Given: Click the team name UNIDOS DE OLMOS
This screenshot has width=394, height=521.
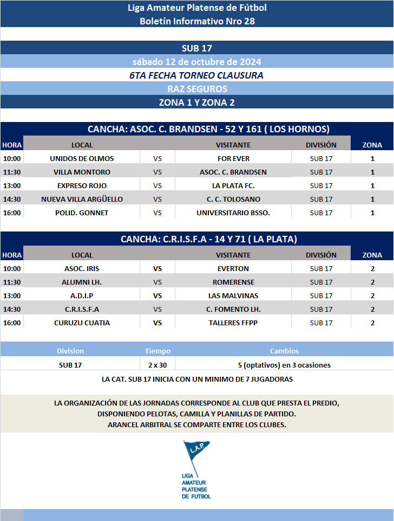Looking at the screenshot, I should pos(82,158).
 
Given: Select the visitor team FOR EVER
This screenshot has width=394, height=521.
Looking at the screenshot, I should pos(233,158).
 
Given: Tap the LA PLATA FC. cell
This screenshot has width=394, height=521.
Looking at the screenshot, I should pos(233,185).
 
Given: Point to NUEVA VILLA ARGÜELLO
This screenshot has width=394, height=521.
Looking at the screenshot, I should pos(82,199).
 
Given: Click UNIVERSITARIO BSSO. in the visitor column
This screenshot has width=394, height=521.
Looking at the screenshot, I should pos(233,213).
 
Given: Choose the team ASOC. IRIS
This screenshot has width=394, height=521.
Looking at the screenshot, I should pos(82,268).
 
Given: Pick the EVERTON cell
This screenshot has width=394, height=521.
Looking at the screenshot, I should pos(233,268).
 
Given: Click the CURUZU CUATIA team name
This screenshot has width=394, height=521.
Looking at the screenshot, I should pos(82,323).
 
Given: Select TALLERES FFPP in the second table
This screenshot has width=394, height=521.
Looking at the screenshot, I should pos(233,323).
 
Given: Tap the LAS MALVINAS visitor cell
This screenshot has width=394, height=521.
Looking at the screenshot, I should pos(233,295).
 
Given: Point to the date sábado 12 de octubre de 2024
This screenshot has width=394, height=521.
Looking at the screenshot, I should pos(197,62).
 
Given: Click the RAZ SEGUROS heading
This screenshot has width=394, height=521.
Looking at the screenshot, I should pos(197,88).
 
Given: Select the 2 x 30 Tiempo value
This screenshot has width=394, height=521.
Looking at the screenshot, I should pos(157,365).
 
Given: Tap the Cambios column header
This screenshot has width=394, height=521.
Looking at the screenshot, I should pos(284,351).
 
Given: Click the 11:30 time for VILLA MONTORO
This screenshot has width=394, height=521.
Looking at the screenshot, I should pos(12,172).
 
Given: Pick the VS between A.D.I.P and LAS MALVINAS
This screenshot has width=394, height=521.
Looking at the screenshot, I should pos(157,295).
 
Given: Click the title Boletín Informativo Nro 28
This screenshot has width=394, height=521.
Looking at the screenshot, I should pos(197,21).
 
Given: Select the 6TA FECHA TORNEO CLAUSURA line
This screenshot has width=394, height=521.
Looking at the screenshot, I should pos(197,75).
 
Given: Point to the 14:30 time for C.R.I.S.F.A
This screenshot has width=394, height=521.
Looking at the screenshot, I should pos(12,309).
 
